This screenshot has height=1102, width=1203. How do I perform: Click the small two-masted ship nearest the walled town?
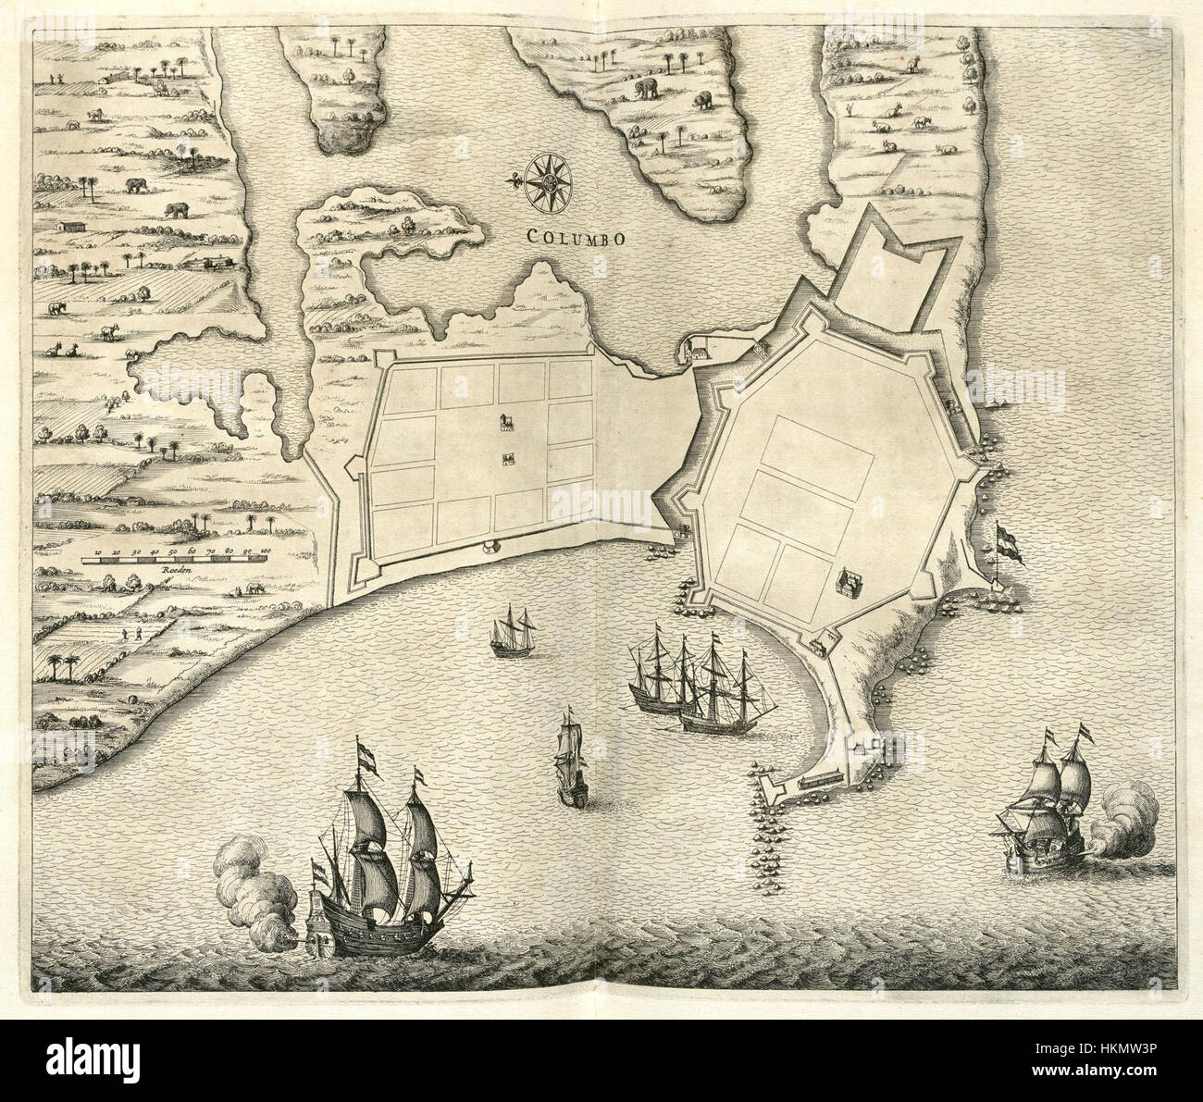pos(513,632)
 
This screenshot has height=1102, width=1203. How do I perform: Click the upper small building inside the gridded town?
pos(506,424)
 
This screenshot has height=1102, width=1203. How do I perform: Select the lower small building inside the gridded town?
pos(507,460)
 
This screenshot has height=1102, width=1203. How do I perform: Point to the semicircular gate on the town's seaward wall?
pos(489,549)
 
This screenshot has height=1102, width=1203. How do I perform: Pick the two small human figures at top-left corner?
pos(54,78)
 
